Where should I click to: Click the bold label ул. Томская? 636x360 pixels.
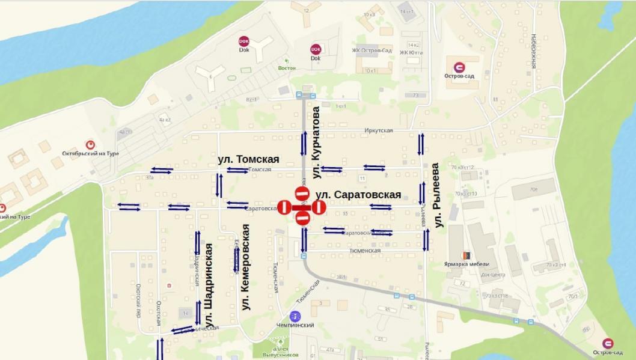248,159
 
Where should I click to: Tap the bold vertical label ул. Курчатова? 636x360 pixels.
317,142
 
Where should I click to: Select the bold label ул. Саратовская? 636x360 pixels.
358,195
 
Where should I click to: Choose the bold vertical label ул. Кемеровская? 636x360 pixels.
245,267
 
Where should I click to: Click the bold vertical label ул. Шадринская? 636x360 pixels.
209,276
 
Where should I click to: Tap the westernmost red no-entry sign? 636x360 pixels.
284,207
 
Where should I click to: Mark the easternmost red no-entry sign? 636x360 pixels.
319,207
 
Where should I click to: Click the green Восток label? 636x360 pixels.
287,68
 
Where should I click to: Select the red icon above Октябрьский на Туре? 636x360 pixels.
90,144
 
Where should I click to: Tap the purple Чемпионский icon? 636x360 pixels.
295,316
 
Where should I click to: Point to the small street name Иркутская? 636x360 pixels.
378,130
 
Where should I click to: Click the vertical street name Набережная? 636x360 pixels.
533,51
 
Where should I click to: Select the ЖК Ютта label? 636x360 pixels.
412,52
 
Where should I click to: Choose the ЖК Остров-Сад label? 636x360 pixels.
372,50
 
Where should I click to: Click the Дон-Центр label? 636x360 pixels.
492,275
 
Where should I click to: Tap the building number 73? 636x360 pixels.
415,95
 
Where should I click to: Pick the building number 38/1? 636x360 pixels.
341,277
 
